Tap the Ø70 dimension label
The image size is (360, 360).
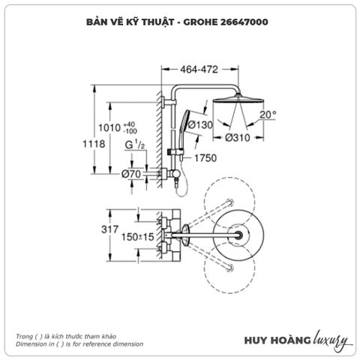coord(132,173)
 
